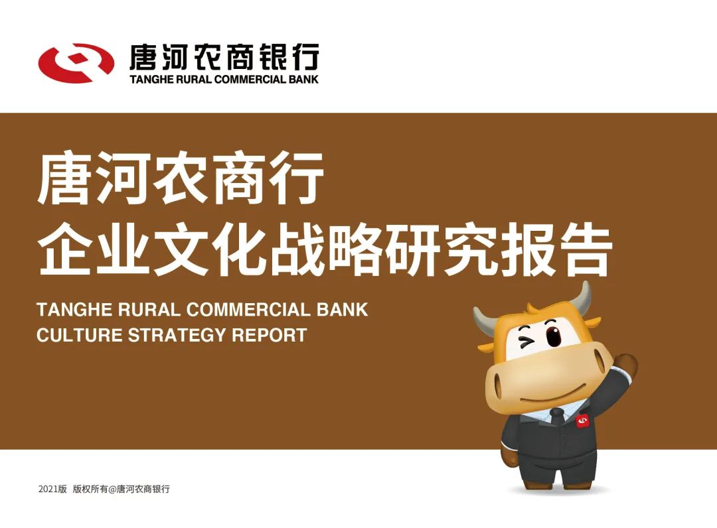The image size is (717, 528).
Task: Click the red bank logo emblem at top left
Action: pos(76,63)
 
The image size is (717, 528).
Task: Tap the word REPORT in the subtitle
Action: pos(270,335)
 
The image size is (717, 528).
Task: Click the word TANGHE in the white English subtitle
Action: pos(75,310)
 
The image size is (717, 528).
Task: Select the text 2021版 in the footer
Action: pos(52,489)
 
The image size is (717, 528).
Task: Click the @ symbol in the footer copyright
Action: pos(112,489)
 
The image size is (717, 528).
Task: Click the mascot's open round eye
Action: pos(553,335)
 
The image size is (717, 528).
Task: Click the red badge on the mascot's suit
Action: pos(583,421)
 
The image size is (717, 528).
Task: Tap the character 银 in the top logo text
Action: pos(274,57)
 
